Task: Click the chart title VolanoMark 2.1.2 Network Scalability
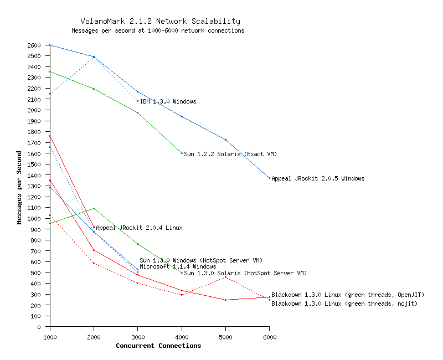tap(160, 21)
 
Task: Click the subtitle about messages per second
tap(158, 30)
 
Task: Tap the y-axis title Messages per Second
tap(19, 187)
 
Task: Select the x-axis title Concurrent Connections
tap(158, 346)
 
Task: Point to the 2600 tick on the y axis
tap(35, 45)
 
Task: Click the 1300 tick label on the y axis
tap(35, 186)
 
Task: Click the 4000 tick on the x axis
tap(182, 336)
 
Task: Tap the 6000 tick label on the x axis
tap(269, 336)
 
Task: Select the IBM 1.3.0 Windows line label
tap(168, 101)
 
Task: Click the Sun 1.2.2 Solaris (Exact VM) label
tap(230, 153)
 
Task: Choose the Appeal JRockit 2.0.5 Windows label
tap(318, 178)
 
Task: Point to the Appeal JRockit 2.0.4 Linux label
tap(139, 228)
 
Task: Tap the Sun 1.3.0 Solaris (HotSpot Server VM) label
tap(245, 273)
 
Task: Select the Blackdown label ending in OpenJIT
tap(348, 295)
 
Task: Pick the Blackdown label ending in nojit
tap(344, 304)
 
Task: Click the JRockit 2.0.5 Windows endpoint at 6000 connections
tap(270, 178)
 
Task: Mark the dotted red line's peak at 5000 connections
tap(225, 277)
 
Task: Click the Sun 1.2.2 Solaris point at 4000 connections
tap(182, 153)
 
